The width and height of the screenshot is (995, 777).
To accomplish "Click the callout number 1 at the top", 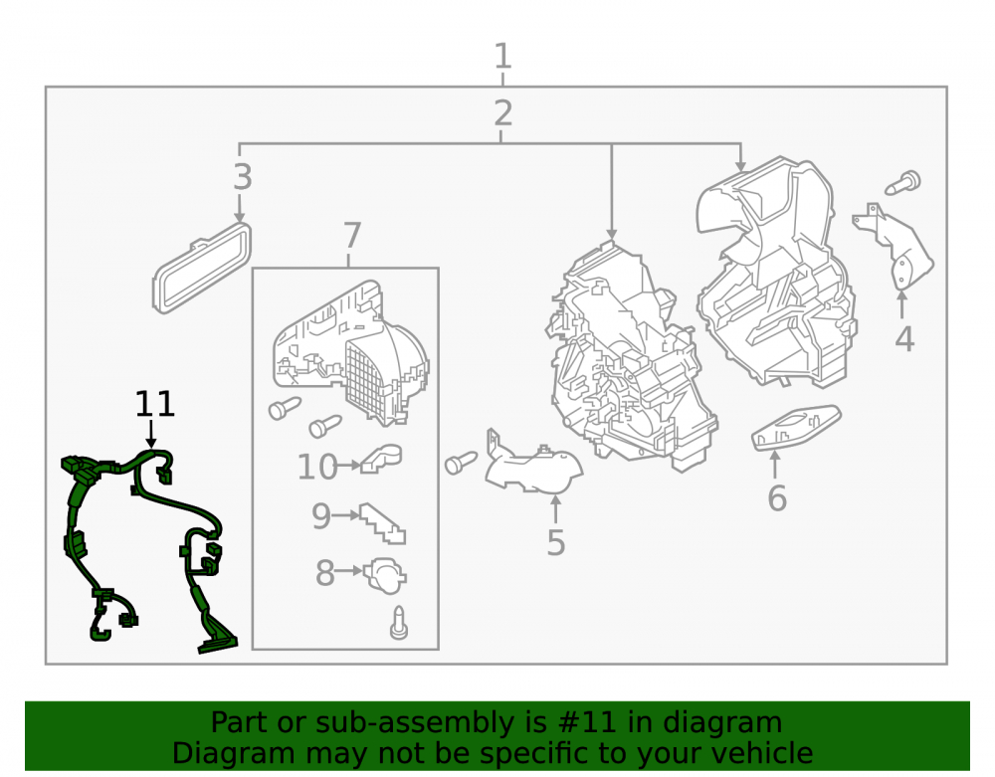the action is coord(502,56).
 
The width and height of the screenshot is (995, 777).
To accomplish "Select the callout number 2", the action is coord(502,112).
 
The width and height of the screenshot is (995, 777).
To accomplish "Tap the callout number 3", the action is coord(243,177).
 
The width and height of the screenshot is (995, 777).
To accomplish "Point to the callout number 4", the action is coord(904,338).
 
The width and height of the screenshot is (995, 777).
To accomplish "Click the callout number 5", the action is coord(556,543).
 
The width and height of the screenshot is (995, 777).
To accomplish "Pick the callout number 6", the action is coord(777,497).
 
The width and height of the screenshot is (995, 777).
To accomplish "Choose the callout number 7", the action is coord(352,236).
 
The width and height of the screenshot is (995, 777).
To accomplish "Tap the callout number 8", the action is coord(325,573).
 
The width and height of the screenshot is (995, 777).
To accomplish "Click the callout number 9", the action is coord(321,516).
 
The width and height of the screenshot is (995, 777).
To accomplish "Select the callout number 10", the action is coord(318,468).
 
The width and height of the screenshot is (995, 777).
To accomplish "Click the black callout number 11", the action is coord(155,404).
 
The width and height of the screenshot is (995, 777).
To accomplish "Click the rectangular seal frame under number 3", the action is coord(202,269).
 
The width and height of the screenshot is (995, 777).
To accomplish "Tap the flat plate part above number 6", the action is coord(796,428).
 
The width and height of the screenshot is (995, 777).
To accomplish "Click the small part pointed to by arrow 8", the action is coord(384,575).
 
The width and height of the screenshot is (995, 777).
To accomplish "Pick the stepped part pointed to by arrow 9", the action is coord(383,523).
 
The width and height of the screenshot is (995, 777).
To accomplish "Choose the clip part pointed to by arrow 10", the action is coord(381,458).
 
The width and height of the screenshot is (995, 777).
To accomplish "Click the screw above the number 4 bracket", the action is coord(903,183).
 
